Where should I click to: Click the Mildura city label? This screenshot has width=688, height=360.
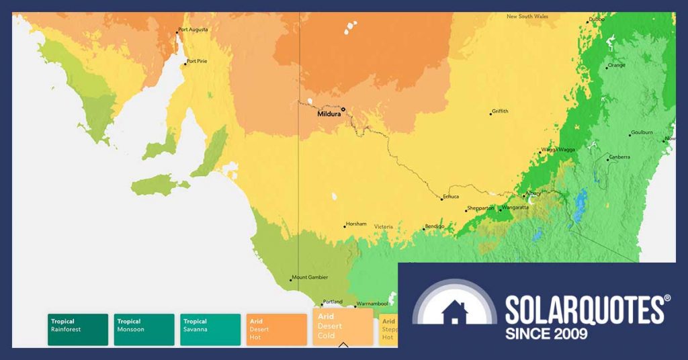[329, 115]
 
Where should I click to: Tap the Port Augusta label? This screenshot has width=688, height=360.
[193, 30]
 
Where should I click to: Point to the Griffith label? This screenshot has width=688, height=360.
[500, 111]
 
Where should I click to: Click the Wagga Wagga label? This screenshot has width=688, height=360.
[558, 149]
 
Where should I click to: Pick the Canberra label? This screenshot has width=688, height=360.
[619, 157]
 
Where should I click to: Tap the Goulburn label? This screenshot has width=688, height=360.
[642, 132]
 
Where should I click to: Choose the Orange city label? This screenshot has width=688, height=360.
[616, 66]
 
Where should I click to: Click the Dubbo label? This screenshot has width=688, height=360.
[597, 19]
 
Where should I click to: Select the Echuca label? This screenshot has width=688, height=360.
[450, 197]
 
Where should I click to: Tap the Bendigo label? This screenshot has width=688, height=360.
[434, 226]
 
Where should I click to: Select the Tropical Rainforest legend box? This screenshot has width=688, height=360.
[78, 329]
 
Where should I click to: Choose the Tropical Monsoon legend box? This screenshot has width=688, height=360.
[144, 329]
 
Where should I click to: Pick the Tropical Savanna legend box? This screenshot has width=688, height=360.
[210, 329]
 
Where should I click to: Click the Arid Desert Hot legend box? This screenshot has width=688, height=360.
[277, 329]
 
